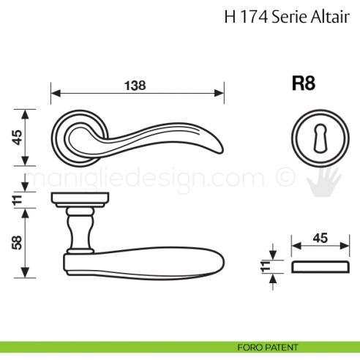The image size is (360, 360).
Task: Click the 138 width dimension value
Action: coord(135,85)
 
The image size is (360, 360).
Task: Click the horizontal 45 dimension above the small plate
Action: coord(320,239)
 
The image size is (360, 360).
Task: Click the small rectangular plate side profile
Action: coord(320,265)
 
